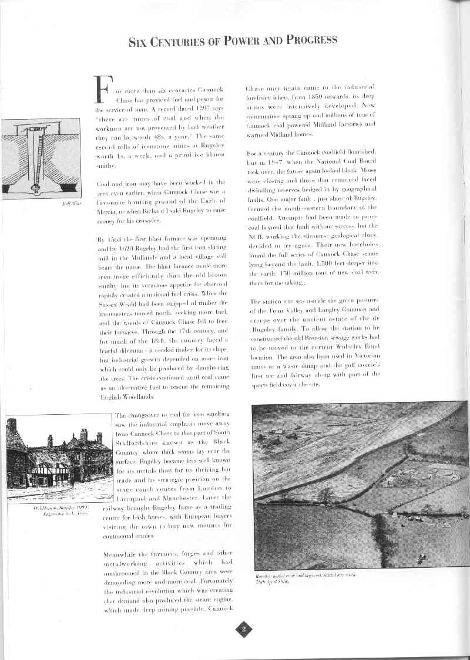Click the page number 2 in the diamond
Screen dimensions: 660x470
pos(243,629)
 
